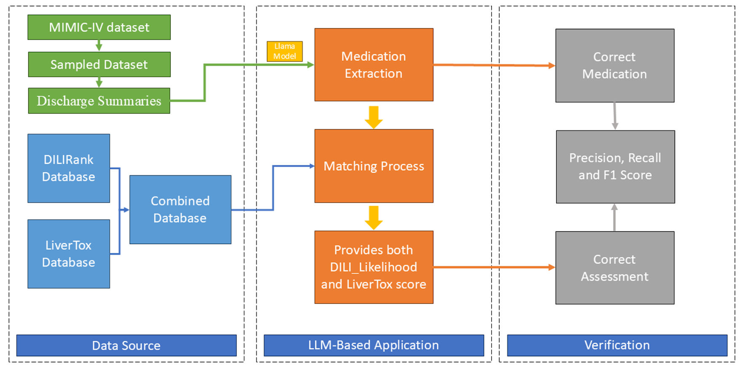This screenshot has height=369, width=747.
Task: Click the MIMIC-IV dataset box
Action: coord(99,27)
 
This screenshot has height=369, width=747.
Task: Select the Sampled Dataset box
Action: coord(99,65)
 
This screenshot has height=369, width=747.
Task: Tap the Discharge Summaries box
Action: coord(99,101)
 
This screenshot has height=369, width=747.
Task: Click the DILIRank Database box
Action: coord(69,168)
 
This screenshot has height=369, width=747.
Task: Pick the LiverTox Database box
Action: coord(69,254)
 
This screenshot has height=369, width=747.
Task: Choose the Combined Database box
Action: coord(180,209)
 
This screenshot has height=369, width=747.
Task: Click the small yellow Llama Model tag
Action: coord(285,51)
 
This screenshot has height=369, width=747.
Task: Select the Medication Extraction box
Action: coord(373,65)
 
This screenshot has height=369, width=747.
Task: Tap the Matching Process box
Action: coord(373,166)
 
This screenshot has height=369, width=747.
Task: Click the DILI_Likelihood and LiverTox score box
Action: coord(373,267)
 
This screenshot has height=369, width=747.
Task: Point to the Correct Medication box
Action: coord(615,65)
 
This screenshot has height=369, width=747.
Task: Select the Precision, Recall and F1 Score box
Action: coord(615,167)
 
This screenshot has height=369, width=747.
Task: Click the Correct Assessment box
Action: coord(615,268)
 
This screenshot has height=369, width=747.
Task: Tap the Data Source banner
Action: coord(126,345)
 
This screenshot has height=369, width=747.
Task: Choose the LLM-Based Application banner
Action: coord(373,345)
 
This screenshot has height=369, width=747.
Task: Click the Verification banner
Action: coord(617,345)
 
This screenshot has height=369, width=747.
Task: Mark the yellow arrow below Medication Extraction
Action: coord(373,117)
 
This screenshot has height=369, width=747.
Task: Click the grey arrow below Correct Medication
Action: coord(615,116)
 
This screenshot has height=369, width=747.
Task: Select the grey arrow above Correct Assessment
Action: coord(614,217)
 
